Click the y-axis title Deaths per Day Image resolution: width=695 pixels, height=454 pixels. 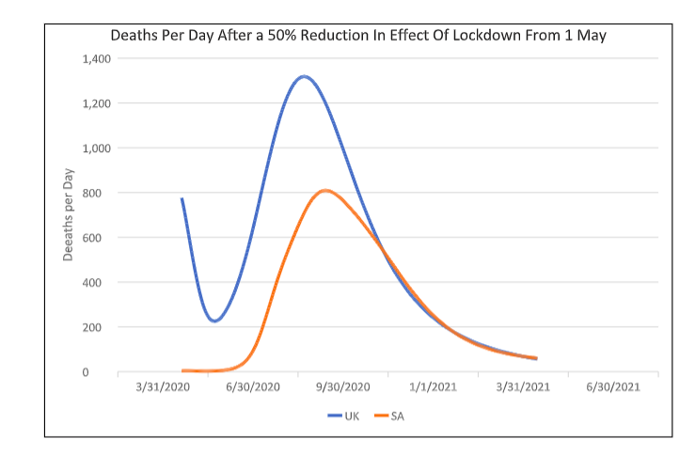[69, 214]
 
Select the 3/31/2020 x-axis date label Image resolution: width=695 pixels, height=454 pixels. [163, 387]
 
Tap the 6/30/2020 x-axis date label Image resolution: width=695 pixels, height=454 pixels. [252, 387]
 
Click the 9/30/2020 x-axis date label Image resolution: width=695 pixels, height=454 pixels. [342, 387]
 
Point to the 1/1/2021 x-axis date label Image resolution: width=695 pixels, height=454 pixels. [433, 387]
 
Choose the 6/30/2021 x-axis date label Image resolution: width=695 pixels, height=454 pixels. [612, 387]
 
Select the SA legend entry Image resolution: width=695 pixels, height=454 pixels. [390, 415]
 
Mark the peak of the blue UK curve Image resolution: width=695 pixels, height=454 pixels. [304, 76]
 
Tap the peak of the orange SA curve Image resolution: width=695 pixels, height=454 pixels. [325, 190]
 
